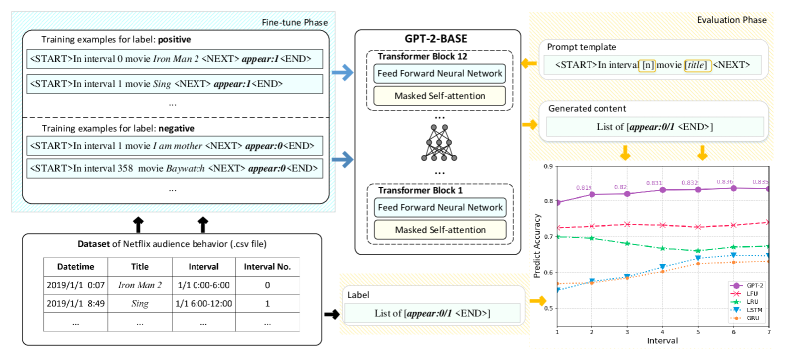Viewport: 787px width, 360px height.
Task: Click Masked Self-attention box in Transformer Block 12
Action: (439, 95)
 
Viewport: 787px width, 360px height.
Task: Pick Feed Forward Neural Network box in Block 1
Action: (439, 208)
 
